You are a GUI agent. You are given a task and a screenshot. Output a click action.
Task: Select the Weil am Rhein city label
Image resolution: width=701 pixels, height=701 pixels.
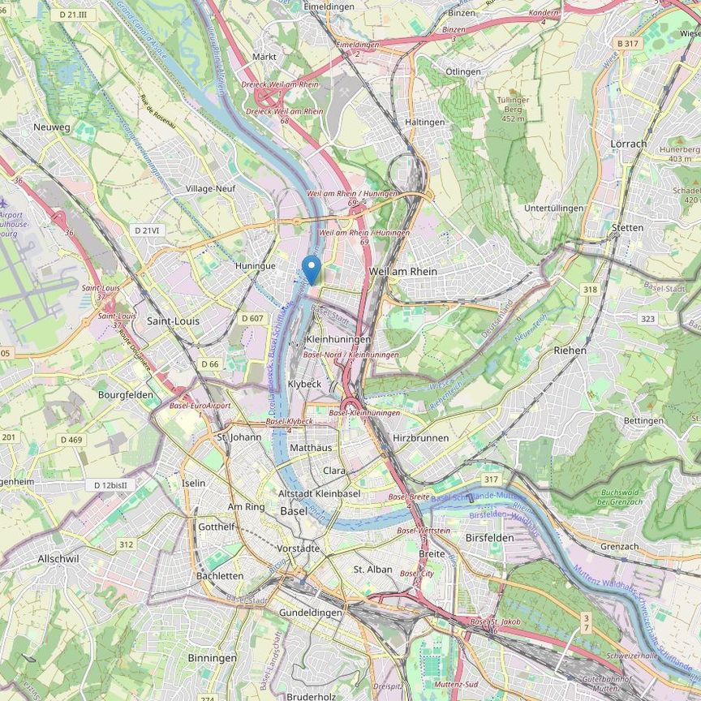click(402, 271)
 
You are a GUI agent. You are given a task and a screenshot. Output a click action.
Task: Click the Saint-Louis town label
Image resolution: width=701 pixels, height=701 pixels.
click(173, 321)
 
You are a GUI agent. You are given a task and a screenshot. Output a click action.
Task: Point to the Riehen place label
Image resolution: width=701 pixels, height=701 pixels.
click(570, 350)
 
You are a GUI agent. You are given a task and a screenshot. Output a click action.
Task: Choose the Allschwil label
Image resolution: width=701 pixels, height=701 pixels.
click(58, 559)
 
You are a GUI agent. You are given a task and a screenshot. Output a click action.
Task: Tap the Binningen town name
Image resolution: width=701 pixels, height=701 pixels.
click(212, 657)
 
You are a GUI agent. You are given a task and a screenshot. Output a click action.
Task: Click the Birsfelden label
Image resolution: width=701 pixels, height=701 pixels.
click(489, 538)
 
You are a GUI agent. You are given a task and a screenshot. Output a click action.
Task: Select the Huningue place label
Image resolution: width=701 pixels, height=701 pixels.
click(255, 265)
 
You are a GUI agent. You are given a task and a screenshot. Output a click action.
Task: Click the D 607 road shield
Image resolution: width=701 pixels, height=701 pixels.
click(252, 318)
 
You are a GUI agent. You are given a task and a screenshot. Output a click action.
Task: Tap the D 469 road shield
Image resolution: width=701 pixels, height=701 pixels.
click(71, 440)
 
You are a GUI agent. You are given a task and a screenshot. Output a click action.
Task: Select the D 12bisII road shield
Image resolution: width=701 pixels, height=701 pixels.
click(110, 485)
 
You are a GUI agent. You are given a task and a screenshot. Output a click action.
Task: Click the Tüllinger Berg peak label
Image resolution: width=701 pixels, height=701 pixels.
click(513, 109)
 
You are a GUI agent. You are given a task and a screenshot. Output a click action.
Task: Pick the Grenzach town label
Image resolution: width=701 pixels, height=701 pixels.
click(619, 546)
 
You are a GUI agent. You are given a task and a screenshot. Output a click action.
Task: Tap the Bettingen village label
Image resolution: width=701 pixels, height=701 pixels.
click(643, 421)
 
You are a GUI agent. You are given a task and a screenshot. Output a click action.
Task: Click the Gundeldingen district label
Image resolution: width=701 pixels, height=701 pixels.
click(310, 613)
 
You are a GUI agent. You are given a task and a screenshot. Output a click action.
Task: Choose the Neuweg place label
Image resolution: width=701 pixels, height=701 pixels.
click(52, 127)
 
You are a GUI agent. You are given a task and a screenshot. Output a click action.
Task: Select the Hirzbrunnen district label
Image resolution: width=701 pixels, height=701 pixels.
click(420, 437)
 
